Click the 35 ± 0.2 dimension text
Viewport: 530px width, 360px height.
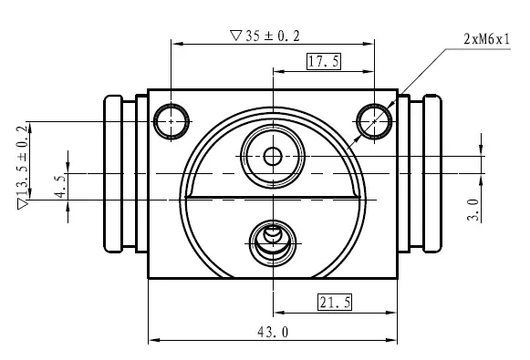[x=273, y=36]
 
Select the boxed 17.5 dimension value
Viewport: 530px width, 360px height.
[x=324, y=61]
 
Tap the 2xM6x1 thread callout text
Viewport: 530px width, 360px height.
[x=486, y=39]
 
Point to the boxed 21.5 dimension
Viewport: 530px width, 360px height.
[x=335, y=302]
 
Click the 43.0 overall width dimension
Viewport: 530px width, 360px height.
[x=273, y=332]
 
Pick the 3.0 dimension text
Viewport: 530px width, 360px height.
[x=473, y=210]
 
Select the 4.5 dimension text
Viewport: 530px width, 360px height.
[x=60, y=186]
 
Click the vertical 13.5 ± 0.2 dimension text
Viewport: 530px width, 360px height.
[x=23, y=160]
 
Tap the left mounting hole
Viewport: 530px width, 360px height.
[x=171, y=121]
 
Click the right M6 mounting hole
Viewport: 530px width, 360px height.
[x=374, y=121]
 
